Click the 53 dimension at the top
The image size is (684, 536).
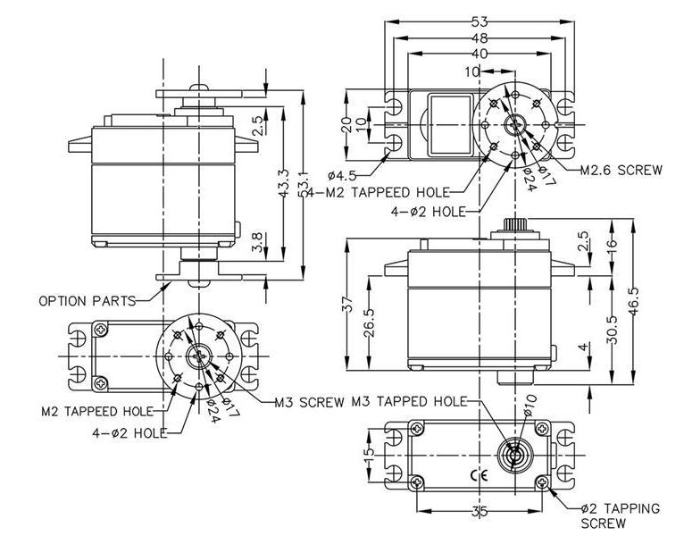pyautogui.click(x=480, y=21)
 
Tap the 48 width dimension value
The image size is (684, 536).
pyautogui.click(x=480, y=38)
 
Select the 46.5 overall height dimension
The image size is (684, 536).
pyautogui.click(x=634, y=292)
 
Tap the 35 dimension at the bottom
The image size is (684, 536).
pyautogui.click(x=480, y=513)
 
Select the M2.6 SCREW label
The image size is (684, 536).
pyautogui.click(x=621, y=170)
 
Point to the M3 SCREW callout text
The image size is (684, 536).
pyautogui.click(x=308, y=401)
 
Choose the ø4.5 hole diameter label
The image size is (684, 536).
pyautogui.click(x=342, y=173)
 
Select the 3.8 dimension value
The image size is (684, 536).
pyautogui.click(x=257, y=242)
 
